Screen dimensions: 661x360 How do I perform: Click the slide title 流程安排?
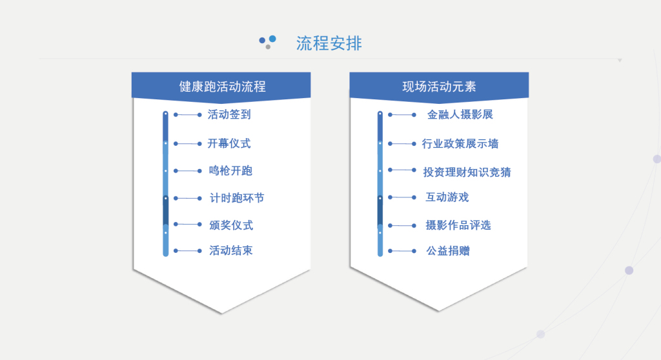pos(329,43)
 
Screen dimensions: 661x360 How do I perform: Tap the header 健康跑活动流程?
pos(222,87)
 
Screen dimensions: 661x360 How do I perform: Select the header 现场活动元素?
pos(439,87)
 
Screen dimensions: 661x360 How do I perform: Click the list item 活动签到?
pos(229,115)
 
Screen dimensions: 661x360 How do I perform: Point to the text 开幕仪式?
pos(229,144)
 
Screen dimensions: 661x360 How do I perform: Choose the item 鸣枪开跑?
pos(230,171)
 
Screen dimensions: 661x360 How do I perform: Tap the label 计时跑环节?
pos(237,198)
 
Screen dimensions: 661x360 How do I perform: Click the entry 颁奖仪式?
pos(231,225)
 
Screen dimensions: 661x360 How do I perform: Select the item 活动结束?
pos(231,251)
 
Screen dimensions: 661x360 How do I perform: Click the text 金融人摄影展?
pos(460,115)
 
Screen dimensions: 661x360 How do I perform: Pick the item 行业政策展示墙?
pos(460,144)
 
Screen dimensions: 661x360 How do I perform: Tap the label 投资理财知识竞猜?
pos(467,172)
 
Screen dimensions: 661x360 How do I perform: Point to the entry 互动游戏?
pos(447,197)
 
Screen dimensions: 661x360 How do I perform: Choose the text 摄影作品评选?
pos(458,225)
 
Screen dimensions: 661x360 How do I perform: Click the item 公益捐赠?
pos(448,251)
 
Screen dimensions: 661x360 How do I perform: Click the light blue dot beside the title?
pos(273,39)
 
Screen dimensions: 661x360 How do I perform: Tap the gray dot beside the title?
pos(268,47)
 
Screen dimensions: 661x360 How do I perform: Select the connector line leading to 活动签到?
pos(188,115)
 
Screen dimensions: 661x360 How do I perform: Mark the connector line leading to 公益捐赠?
pos(402,251)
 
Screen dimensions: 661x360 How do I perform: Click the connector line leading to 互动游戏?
pos(402,197)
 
